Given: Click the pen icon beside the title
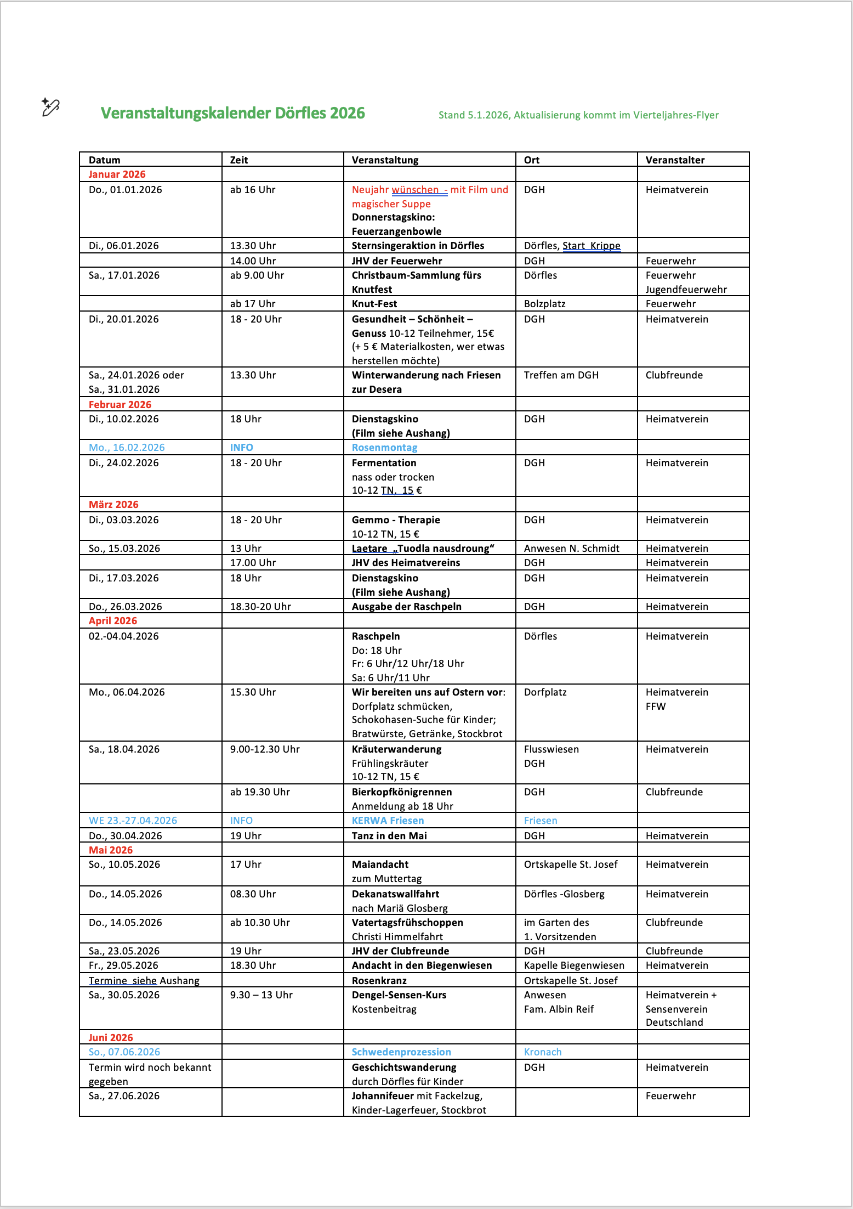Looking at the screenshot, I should [50, 107].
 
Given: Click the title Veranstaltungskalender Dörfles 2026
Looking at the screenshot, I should [232, 113].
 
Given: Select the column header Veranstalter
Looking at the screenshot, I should [675, 160].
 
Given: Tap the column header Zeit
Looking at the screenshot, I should [239, 160].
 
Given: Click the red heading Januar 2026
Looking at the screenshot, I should [117, 174].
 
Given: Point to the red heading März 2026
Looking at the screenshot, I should [113, 505].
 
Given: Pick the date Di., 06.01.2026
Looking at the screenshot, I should [123, 246].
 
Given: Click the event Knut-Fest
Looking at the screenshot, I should [374, 304].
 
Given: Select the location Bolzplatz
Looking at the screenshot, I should [544, 304].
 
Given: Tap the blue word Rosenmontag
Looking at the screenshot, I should [384, 448].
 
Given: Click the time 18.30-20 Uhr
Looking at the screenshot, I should [260, 607].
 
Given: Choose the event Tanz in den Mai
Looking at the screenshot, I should [389, 836].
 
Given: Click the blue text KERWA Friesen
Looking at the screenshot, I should [388, 821].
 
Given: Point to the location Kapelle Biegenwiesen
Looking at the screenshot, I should [574, 965].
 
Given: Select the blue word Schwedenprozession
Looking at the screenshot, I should [401, 1052].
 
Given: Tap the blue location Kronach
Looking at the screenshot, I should [543, 1052].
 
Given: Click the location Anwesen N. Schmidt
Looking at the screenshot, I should [572, 549].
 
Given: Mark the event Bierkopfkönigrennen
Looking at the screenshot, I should [402, 792].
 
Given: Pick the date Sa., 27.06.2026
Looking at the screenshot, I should [124, 1096].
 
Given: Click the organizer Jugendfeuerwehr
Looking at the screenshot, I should [686, 290].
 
